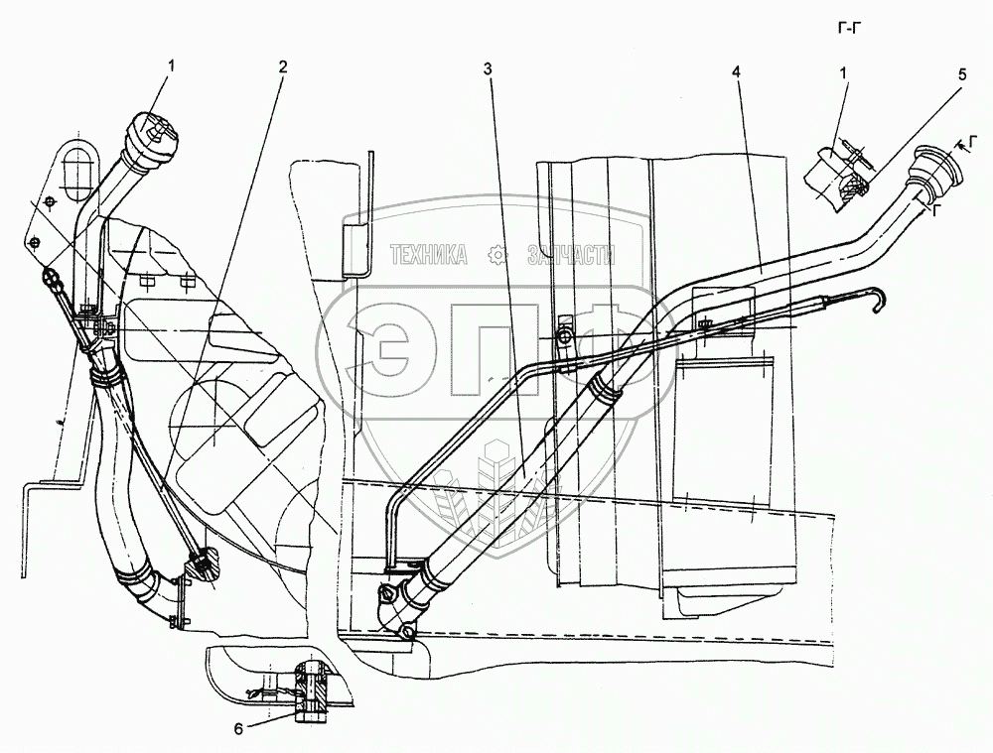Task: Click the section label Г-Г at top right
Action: pyautogui.click(x=853, y=27)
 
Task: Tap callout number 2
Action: pyautogui.click(x=283, y=67)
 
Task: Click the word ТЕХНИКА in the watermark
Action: pyautogui.click(x=430, y=256)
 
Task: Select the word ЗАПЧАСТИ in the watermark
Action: pyautogui.click(x=571, y=256)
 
